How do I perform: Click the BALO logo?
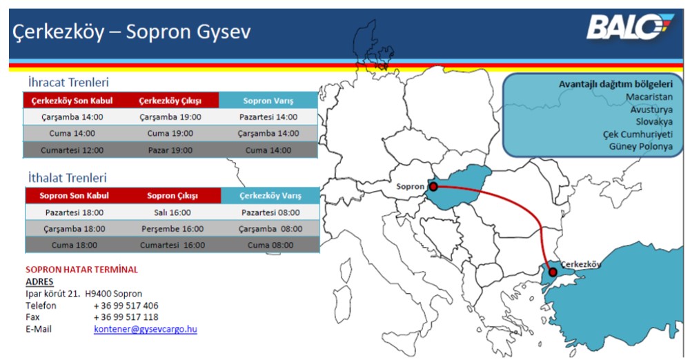click(x=630, y=27)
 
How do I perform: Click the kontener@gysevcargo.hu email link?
click(x=145, y=329)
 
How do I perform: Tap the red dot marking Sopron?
click(x=433, y=187)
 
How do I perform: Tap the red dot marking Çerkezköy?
click(x=553, y=272)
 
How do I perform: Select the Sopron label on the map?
click(x=410, y=186)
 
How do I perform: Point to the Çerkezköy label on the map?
click(x=581, y=265)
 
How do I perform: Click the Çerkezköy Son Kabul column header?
click(x=72, y=101)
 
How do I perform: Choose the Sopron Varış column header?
click(x=268, y=101)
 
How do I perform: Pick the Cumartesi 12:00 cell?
click(x=72, y=150)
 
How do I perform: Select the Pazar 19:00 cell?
click(x=170, y=150)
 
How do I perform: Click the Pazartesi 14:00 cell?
click(x=268, y=117)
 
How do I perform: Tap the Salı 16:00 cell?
click(x=172, y=212)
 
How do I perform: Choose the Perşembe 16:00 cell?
click(x=172, y=229)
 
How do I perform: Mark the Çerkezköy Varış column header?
click(x=270, y=196)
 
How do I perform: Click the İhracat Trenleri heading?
click(x=68, y=82)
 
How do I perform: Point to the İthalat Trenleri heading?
click(x=68, y=178)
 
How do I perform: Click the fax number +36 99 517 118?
click(x=126, y=317)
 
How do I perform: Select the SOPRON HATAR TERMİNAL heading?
click(x=82, y=270)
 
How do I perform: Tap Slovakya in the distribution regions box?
click(x=654, y=122)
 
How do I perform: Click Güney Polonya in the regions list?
click(x=641, y=147)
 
